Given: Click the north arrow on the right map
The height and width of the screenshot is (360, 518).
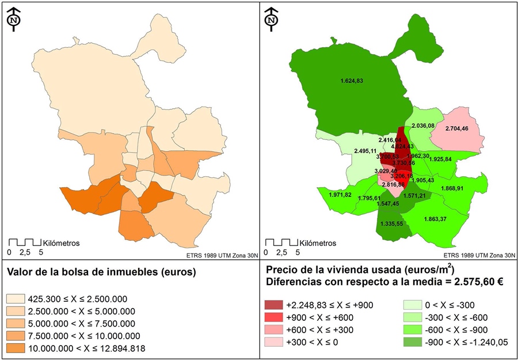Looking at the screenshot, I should pos(271,17).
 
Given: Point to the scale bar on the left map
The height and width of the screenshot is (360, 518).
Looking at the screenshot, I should pos(25,242).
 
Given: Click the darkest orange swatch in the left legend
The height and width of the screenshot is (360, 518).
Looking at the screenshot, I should pos(16,348).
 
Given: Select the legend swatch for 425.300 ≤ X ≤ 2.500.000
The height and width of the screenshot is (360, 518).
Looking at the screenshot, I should pos(16,299).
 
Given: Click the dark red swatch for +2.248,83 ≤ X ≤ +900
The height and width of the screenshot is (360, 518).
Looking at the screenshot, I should pos(275,304).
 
